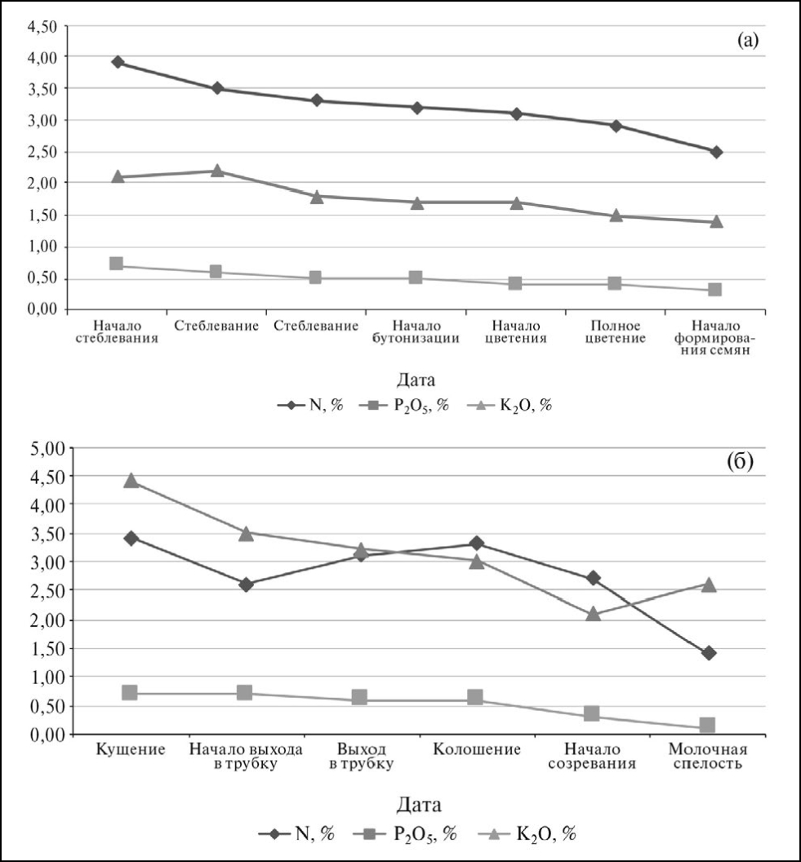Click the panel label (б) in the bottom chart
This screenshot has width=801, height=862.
click(740, 462)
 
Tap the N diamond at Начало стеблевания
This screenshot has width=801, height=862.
click(118, 62)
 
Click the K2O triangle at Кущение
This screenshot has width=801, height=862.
click(130, 481)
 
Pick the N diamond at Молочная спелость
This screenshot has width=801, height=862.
click(708, 652)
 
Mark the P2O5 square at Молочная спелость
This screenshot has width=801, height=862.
click(708, 725)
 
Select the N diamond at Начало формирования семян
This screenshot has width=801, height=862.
click(716, 152)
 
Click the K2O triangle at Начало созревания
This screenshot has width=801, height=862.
click(593, 614)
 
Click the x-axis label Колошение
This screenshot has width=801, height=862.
click(476, 749)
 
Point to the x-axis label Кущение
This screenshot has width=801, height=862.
click(130, 749)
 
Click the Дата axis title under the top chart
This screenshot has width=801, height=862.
click(416, 380)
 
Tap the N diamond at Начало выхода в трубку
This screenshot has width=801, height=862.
click(246, 584)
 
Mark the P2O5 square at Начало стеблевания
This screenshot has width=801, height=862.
click(117, 264)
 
